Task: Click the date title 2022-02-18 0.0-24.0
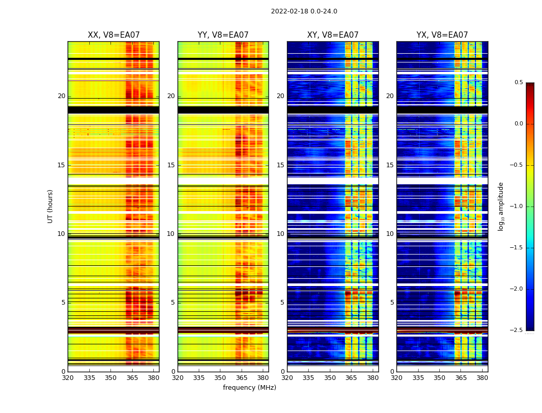coord(304,11)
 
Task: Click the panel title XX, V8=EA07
coord(114,35)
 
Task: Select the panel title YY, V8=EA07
coord(223,35)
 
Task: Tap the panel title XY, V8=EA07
coord(332,35)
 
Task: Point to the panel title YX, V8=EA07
coord(442,35)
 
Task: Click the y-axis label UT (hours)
coord(51,206)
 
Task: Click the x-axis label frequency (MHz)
coord(249,388)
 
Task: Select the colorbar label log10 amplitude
coord(501,206)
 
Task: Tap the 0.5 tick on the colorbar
coord(518,83)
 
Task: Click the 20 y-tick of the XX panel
coord(61,96)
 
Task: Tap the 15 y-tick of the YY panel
coord(171,165)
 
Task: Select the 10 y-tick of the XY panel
coord(280,234)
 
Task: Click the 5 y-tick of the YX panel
coord(392,303)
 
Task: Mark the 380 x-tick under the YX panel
coord(482,377)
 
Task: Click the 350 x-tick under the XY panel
coord(330,377)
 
